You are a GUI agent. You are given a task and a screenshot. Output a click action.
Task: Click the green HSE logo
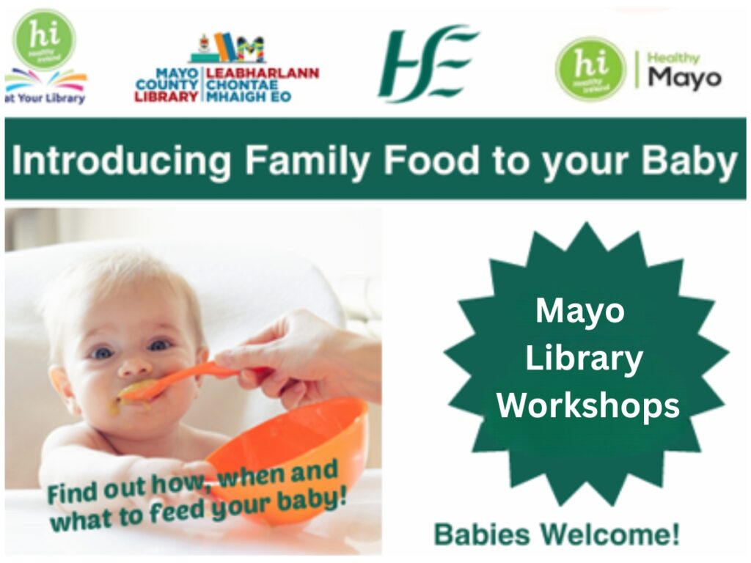coord(428,63)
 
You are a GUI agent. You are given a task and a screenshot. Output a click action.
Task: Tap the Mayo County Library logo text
coord(227,85)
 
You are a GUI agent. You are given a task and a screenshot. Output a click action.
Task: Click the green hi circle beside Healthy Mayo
coord(590,69)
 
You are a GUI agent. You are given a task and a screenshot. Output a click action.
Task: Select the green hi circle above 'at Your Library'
coord(44,40)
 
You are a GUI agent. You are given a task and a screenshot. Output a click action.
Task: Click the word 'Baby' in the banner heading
coord(689,161)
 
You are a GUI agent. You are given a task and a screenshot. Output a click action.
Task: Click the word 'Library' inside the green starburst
coord(585,359)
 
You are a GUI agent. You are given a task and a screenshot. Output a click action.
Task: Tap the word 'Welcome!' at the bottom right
coord(611,534)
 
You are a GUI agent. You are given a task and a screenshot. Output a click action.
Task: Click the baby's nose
coord(135,367)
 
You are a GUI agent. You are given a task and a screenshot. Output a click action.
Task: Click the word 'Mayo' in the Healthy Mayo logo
coord(685,78)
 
